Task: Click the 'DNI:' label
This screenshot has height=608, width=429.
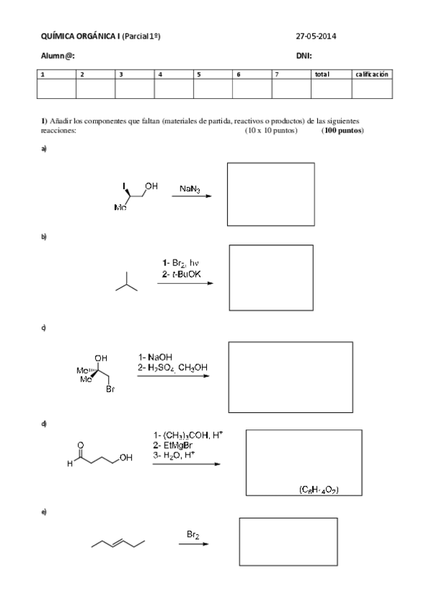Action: point(304,55)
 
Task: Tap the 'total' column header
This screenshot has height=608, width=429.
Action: point(322,74)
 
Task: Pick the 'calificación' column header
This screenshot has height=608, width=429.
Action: point(372,74)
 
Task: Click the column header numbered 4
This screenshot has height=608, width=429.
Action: point(160,74)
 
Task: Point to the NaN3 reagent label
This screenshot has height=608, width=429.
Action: point(190,189)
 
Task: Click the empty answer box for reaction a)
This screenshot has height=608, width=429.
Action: point(267,194)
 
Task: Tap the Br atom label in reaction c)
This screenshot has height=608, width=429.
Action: point(109,391)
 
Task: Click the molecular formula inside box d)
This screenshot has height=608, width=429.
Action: point(319,490)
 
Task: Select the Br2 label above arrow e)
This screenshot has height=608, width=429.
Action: point(193,534)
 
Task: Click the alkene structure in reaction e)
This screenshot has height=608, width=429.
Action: point(118,542)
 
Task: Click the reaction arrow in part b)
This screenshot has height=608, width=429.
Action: point(185,283)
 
